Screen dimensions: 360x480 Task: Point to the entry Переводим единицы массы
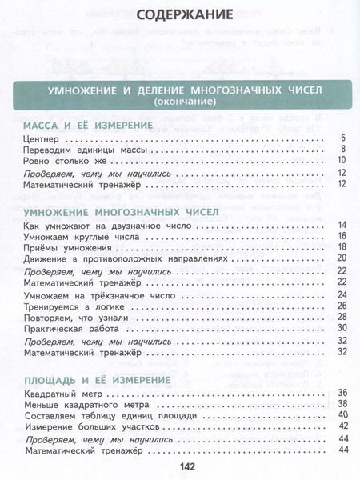click(x=86, y=150)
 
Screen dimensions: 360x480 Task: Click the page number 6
click(x=342, y=138)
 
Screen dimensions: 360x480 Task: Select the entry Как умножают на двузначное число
click(x=109, y=226)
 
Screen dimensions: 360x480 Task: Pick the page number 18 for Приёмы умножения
click(x=341, y=248)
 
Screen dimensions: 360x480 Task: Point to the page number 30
click(x=341, y=328)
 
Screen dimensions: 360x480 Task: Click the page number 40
click(x=341, y=415)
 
